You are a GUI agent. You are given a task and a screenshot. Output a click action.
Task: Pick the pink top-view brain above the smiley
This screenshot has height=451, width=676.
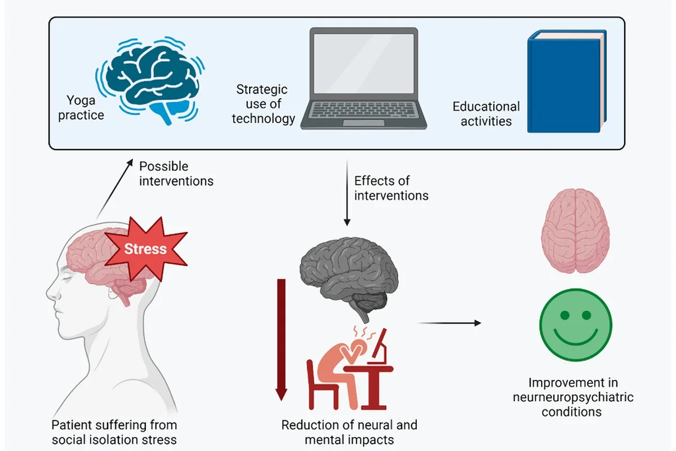click(575, 232)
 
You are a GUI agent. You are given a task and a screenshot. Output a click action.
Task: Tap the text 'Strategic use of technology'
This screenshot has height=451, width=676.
click(263, 104)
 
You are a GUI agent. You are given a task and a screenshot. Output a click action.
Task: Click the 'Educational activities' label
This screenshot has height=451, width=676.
click(486, 113)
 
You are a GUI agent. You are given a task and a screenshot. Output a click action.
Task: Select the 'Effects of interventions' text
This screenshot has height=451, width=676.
click(391, 188)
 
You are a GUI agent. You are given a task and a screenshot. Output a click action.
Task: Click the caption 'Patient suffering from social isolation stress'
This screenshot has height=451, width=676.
click(114, 432)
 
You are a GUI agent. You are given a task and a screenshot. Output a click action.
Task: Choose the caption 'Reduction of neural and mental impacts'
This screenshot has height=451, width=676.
click(349, 432)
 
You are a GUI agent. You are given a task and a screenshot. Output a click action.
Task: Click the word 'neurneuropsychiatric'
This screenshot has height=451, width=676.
click(572, 397)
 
